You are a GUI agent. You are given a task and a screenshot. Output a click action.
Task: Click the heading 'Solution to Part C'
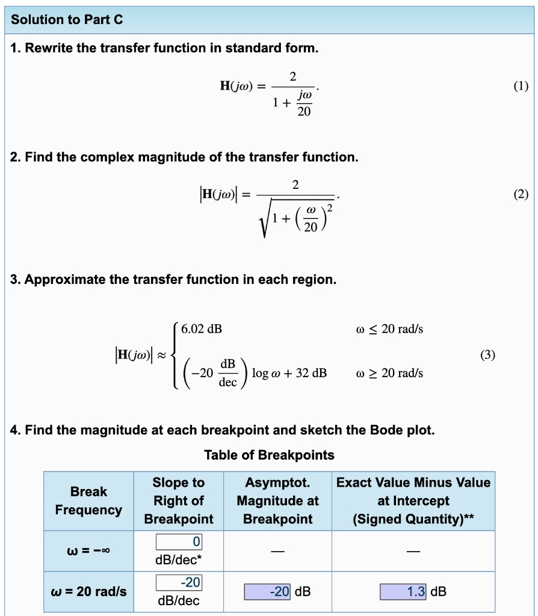(67, 20)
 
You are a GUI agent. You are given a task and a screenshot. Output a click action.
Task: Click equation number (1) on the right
(521, 86)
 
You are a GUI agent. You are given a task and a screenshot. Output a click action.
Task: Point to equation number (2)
(521, 194)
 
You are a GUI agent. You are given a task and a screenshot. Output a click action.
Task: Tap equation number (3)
(487, 355)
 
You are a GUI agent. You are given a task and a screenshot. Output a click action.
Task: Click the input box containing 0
(179, 542)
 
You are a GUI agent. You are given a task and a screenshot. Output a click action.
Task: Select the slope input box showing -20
(179, 582)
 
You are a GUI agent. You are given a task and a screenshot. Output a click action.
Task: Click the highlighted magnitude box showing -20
(268, 592)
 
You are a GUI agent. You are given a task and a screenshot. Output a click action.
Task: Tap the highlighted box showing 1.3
(403, 592)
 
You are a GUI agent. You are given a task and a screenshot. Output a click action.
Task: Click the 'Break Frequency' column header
(88, 500)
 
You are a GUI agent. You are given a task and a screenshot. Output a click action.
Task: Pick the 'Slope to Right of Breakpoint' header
(179, 500)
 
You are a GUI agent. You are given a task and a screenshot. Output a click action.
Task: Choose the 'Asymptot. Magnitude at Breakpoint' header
(277, 500)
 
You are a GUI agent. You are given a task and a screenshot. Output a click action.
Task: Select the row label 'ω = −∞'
(88, 551)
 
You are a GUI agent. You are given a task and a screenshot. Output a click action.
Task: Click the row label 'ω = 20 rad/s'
(88, 592)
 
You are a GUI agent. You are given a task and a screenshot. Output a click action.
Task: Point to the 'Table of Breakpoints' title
(269, 455)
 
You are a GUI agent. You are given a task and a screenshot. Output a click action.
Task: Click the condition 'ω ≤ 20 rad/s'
(389, 329)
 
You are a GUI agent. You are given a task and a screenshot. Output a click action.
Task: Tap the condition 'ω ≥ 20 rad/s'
(389, 373)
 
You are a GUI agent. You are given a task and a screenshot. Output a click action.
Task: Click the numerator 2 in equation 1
(292, 76)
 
